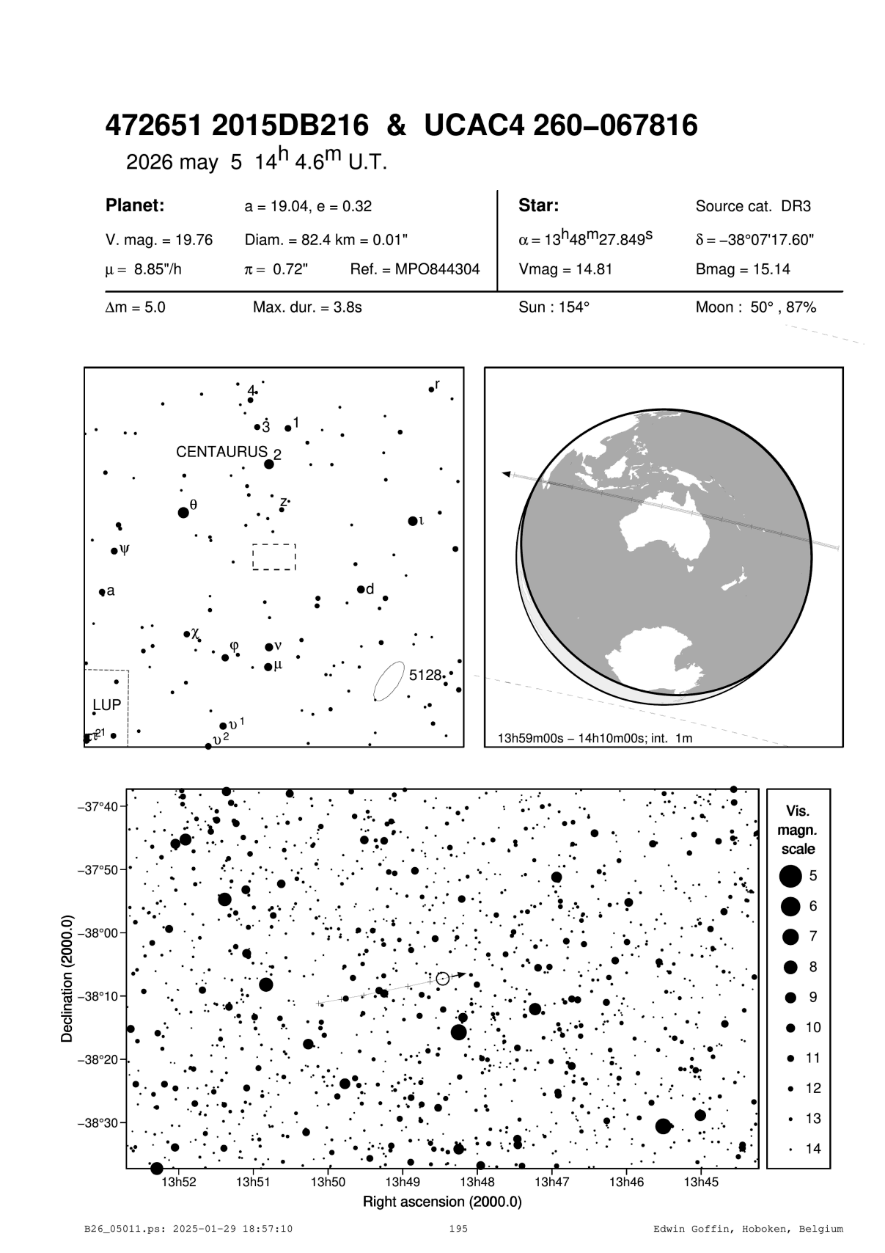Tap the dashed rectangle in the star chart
point(274,557)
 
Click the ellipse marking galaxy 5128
point(389,681)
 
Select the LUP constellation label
point(106,705)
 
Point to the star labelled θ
point(183,512)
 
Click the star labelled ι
point(413,521)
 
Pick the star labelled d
point(361,589)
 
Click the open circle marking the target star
point(442,979)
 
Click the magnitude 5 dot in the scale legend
point(790,875)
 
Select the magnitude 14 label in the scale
point(813,1149)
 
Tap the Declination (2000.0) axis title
point(67,979)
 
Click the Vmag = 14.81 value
point(565,269)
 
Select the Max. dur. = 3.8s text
point(307,307)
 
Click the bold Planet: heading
point(134,205)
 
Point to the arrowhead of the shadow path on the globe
point(506,474)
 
